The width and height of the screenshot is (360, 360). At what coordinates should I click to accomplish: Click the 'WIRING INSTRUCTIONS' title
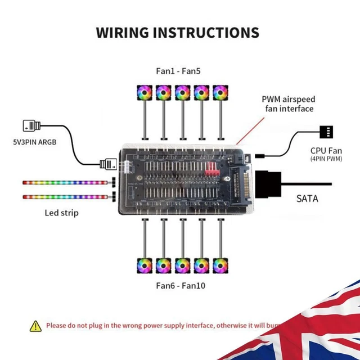pos(178,32)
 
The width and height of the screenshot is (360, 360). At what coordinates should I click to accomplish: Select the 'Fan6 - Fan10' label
pos(181,286)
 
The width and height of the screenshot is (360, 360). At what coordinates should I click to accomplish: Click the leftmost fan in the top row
pos(145,92)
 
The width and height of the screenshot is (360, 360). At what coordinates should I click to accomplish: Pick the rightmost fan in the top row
pos(219,92)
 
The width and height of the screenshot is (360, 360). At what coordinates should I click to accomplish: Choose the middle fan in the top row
pos(182,92)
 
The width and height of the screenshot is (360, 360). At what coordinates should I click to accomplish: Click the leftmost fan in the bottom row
pos(145,265)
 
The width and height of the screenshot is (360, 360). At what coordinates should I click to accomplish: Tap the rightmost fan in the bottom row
pos(219,265)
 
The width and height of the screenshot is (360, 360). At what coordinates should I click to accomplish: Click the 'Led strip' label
pos(62,213)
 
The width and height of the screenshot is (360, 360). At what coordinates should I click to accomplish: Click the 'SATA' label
pos(308,199)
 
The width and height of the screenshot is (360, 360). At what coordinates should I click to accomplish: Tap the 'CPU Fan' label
pos(326,150)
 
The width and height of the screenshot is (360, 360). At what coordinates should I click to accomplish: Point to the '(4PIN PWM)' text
pos(326,159)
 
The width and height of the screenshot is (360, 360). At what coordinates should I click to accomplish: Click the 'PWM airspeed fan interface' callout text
pos(287,104)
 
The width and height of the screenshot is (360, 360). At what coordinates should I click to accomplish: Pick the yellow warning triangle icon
pos(36,326)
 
